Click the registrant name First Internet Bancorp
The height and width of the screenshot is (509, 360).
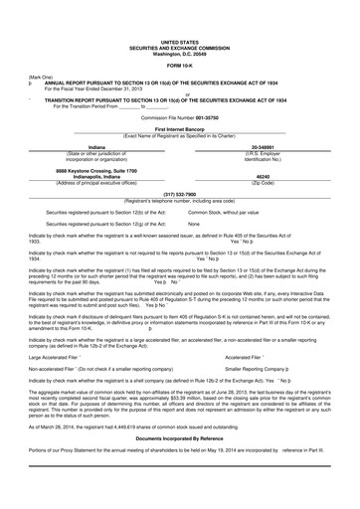[x=179, y=130]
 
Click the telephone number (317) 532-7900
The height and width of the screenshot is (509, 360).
[x=179, y=194]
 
